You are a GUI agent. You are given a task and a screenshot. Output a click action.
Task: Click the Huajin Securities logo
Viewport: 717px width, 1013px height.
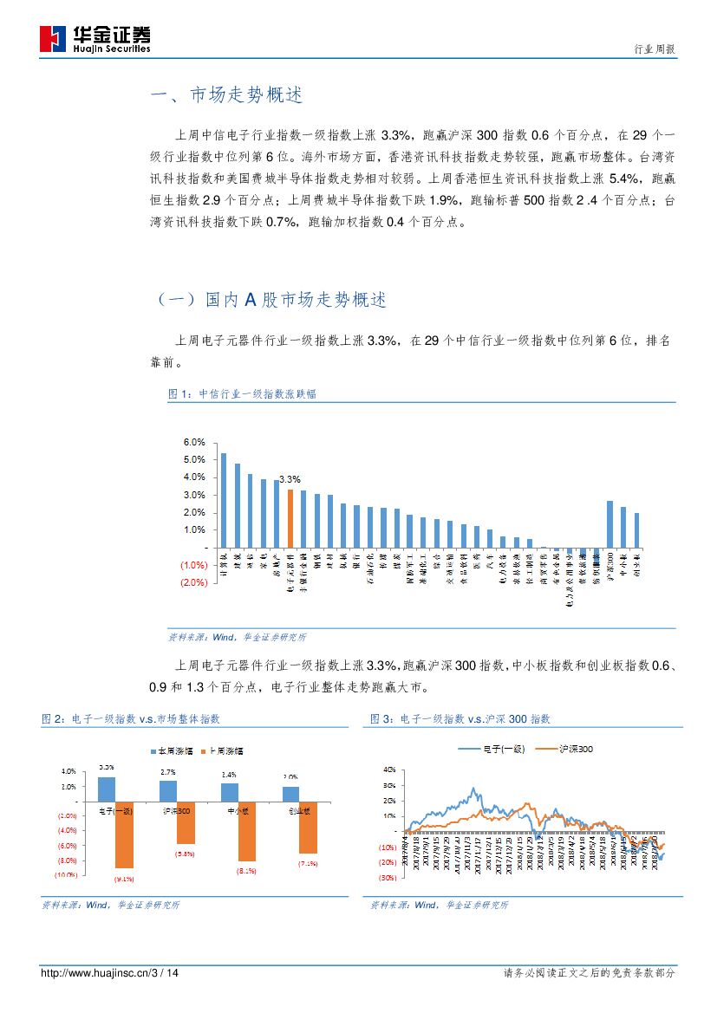click(95, 38)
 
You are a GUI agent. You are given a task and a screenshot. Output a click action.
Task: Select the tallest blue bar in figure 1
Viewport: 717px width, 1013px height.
click(224, 500)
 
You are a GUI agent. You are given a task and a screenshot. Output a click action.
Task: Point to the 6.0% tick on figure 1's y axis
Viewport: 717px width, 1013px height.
click(194, 442)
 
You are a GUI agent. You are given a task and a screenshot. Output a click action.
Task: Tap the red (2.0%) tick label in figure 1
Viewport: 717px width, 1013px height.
click(193, 582)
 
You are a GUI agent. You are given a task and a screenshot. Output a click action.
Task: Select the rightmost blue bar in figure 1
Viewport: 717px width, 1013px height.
click(637, 529)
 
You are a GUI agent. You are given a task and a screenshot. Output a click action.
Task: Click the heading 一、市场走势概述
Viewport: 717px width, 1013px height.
click(227, 96)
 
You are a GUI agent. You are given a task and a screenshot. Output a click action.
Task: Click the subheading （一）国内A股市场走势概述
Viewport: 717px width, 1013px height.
click(271, 300)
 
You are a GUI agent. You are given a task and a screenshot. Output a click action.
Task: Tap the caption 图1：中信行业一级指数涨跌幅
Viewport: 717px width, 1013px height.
click(242, 393)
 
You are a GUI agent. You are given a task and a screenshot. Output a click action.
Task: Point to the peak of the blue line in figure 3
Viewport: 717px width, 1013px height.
click(473, 789)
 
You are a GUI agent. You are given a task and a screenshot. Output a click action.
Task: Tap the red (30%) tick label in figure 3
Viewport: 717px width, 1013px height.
click(387, 878)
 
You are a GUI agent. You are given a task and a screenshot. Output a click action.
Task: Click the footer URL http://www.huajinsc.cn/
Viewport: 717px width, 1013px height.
click(95, 973)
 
